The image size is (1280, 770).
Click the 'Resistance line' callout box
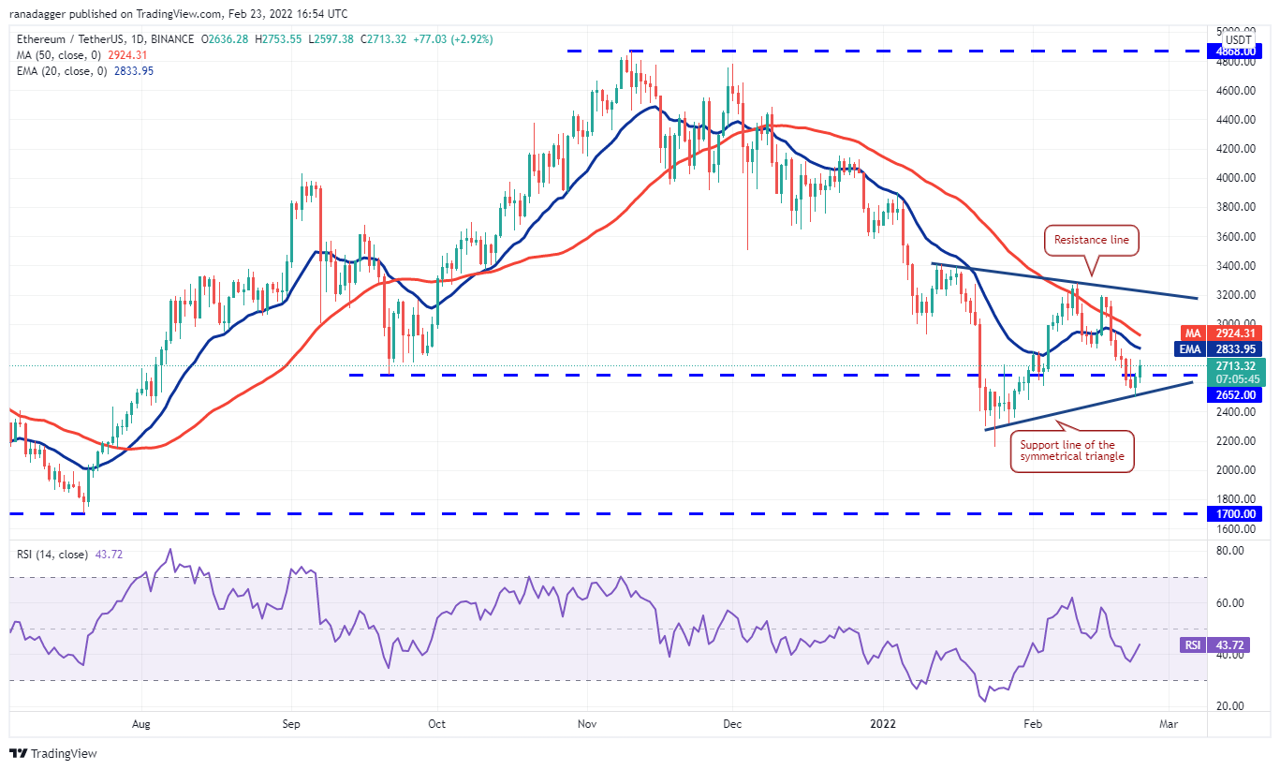pyautogui.click(x=1091, y=240)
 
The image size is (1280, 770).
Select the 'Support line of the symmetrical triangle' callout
pyautogui.click(x=1073, y=452)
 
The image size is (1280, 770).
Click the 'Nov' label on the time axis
pyautogui.click(x=587, y=723)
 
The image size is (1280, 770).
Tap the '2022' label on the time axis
pyautogui.click(x=882, y=723)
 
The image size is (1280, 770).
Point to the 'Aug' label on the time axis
pyautogui.click(x=141, y=723)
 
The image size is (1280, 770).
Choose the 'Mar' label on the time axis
pyautogui.click(x=1169, y=723)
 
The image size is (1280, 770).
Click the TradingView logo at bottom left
pyautogui.click(x=53, y=753)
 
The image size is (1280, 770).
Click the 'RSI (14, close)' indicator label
pyautogui.click(x=51, y=555)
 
